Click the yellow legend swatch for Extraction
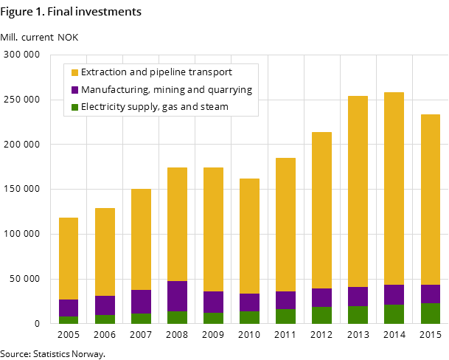click(74, 72)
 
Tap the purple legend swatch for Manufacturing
click(74, 90)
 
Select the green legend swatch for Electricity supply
click(74, 107)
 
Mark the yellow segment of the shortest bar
click(69, 258)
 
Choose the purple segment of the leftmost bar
click(69, 308)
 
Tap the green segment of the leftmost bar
click(69, 319)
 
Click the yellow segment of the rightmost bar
click(430, 199)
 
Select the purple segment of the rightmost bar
click(430, 294)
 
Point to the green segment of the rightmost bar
click(430, 313)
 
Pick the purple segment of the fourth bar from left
click(177, 296)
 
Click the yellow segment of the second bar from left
click(105, 252)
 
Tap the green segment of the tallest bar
click(394, 314)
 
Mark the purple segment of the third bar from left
click(141, 302)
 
